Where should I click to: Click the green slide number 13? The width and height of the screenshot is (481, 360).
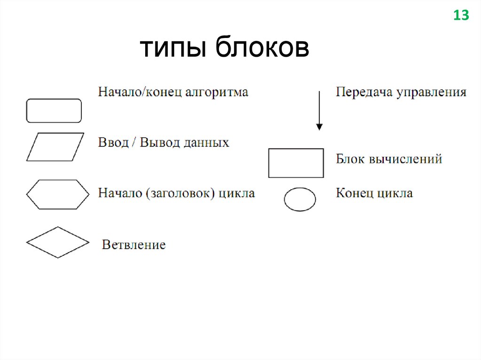[x=461, y=15]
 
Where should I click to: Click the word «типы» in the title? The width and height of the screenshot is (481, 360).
[x=175, y=49]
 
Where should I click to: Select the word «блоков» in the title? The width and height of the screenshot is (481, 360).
[x=263, y=49]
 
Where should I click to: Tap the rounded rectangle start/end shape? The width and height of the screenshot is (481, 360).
[x=54, y=111]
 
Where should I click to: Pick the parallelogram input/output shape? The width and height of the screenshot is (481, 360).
[x=55, y=146]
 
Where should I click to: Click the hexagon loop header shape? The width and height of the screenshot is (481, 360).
[x=57, y=194]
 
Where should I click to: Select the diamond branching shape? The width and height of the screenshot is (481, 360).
[x=57, y=242]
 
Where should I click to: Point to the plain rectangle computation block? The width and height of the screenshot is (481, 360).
[x=296, y=163]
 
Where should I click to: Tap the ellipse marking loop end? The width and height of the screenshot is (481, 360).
[x=300, y=199]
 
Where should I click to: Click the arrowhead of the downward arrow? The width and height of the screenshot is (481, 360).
[x=319, y=126]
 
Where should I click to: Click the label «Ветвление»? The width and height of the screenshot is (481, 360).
[x=134, y=245]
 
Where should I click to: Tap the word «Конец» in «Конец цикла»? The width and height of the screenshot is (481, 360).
[x=355, y=193]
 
